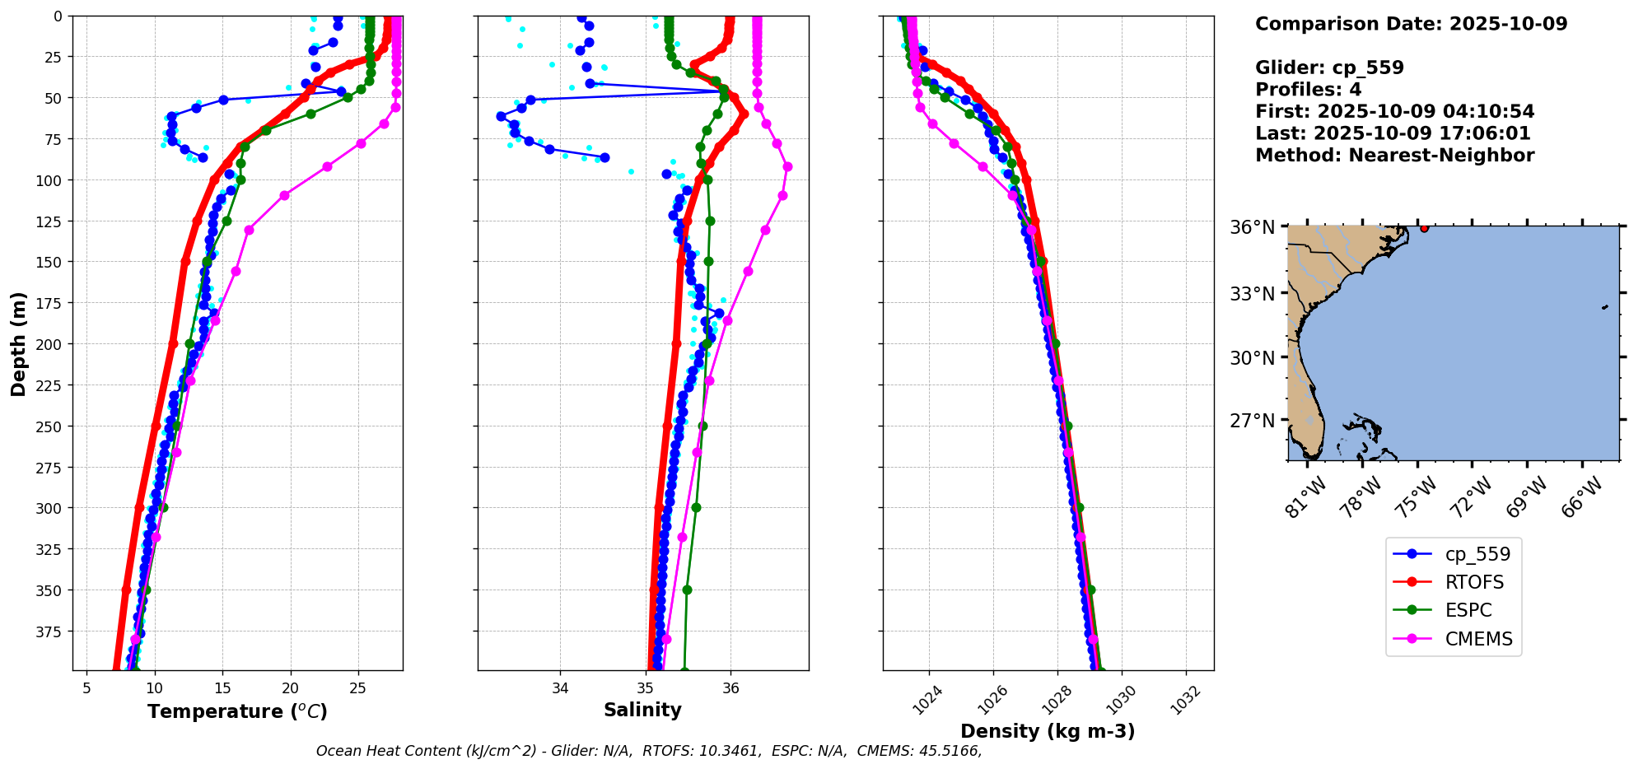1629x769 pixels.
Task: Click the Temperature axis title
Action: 237,711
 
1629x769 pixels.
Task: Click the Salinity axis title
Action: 642,710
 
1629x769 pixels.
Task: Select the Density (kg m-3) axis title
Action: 1048,731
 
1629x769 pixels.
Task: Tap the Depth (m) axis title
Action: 18,343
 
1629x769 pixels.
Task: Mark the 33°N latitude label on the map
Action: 1252,294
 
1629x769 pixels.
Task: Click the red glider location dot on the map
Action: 1424,228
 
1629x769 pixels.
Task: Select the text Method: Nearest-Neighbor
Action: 1394,156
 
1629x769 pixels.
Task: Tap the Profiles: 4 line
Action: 1308,90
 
